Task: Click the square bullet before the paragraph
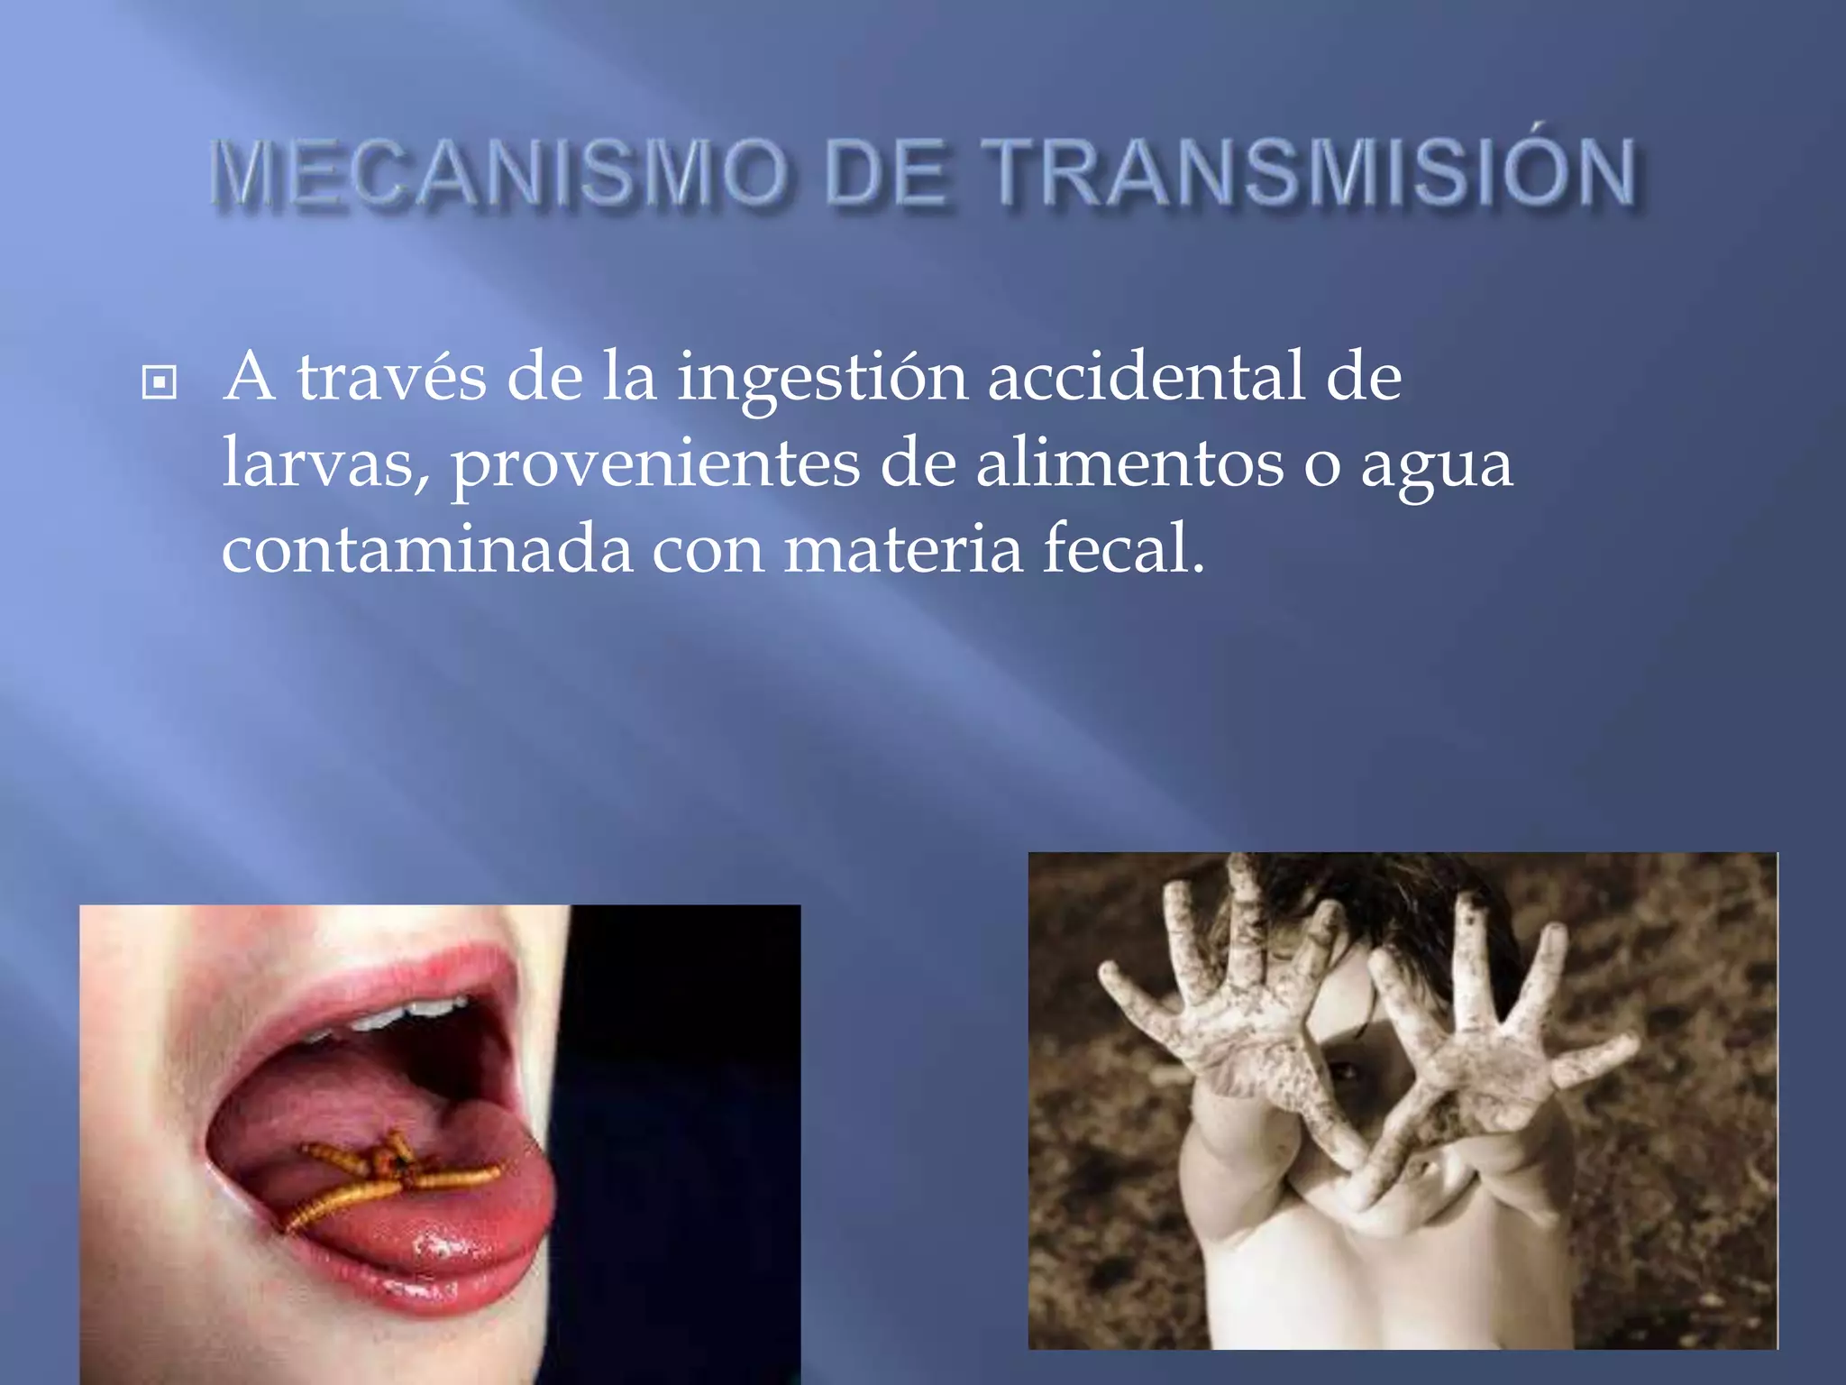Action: point(160,382)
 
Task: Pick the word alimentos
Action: point(1129,463)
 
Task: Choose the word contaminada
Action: point(426,550)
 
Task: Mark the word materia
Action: point(902,550)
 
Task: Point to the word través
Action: point(392,377)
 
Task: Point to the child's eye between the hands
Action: point(1346,1070)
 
